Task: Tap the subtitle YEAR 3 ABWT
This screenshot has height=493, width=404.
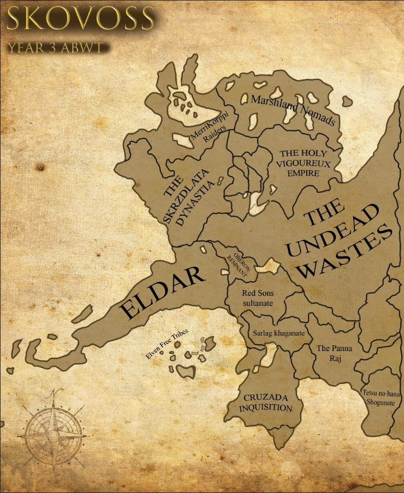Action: pos(55,47)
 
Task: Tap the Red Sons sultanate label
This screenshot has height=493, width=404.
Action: pos(257,297)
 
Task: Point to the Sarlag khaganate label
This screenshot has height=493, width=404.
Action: pos(279,333)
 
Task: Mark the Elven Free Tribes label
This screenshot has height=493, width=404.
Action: pos(167,344)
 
